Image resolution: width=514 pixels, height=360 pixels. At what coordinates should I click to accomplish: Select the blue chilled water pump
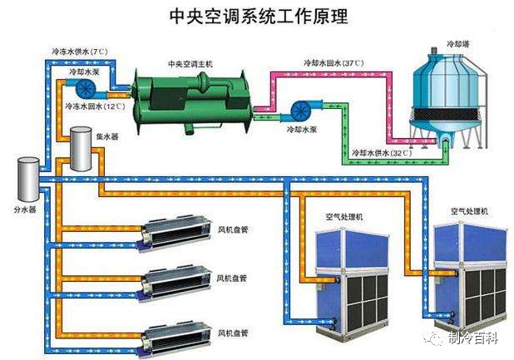click(86, 85)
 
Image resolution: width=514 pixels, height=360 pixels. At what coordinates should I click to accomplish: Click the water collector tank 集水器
click(82, 148)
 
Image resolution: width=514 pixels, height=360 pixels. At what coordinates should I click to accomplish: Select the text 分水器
click(25, 210)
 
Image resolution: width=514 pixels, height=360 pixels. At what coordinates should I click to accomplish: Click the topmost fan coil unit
click(175, 234)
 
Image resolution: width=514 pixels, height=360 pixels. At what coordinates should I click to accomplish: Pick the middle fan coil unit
click(175, 283)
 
